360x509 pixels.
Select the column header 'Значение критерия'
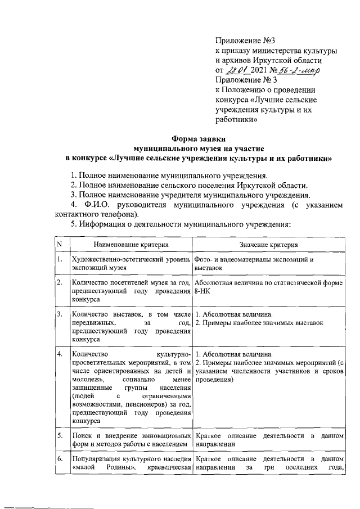click(x=268, y=245)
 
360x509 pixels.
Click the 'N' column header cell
click(x=58, y=245)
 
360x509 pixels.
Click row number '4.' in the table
click(x=59, y=354)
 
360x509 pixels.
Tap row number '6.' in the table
click(x=59, y=460)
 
